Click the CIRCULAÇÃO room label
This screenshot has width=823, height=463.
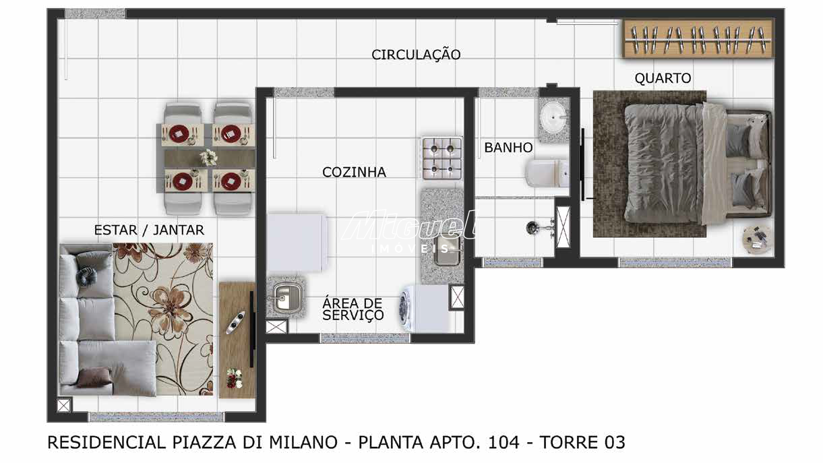click(x=416, y=55)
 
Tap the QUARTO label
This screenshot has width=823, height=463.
click(x=663, y=78)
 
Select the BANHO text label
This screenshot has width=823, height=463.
click(x=508, y=148)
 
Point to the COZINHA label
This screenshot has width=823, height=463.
click(x=354, y=172)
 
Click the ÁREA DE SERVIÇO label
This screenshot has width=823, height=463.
click(x=353, y=309)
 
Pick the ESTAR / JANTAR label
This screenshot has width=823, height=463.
click(x=149, y=230)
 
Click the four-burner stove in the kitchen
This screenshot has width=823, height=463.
click(x=442, y=158)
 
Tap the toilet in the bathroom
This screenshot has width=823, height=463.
click(x=547, y=173)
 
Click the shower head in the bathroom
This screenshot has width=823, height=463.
click(x=532, y=228)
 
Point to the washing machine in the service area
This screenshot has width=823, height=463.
click(x=424, y=309)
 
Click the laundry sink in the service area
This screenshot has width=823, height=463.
click(x=286, y=298)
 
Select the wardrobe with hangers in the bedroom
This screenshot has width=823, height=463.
click(x=698, y=38)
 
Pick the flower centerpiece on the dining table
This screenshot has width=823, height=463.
click(x=209, y=157)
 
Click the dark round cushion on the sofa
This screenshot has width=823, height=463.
click(x=87, y=276)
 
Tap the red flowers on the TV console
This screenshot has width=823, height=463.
click(x=235, y=379)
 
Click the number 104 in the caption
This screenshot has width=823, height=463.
click(x=504, y=442)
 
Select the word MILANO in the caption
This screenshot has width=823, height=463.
click(x=303, y=442)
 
